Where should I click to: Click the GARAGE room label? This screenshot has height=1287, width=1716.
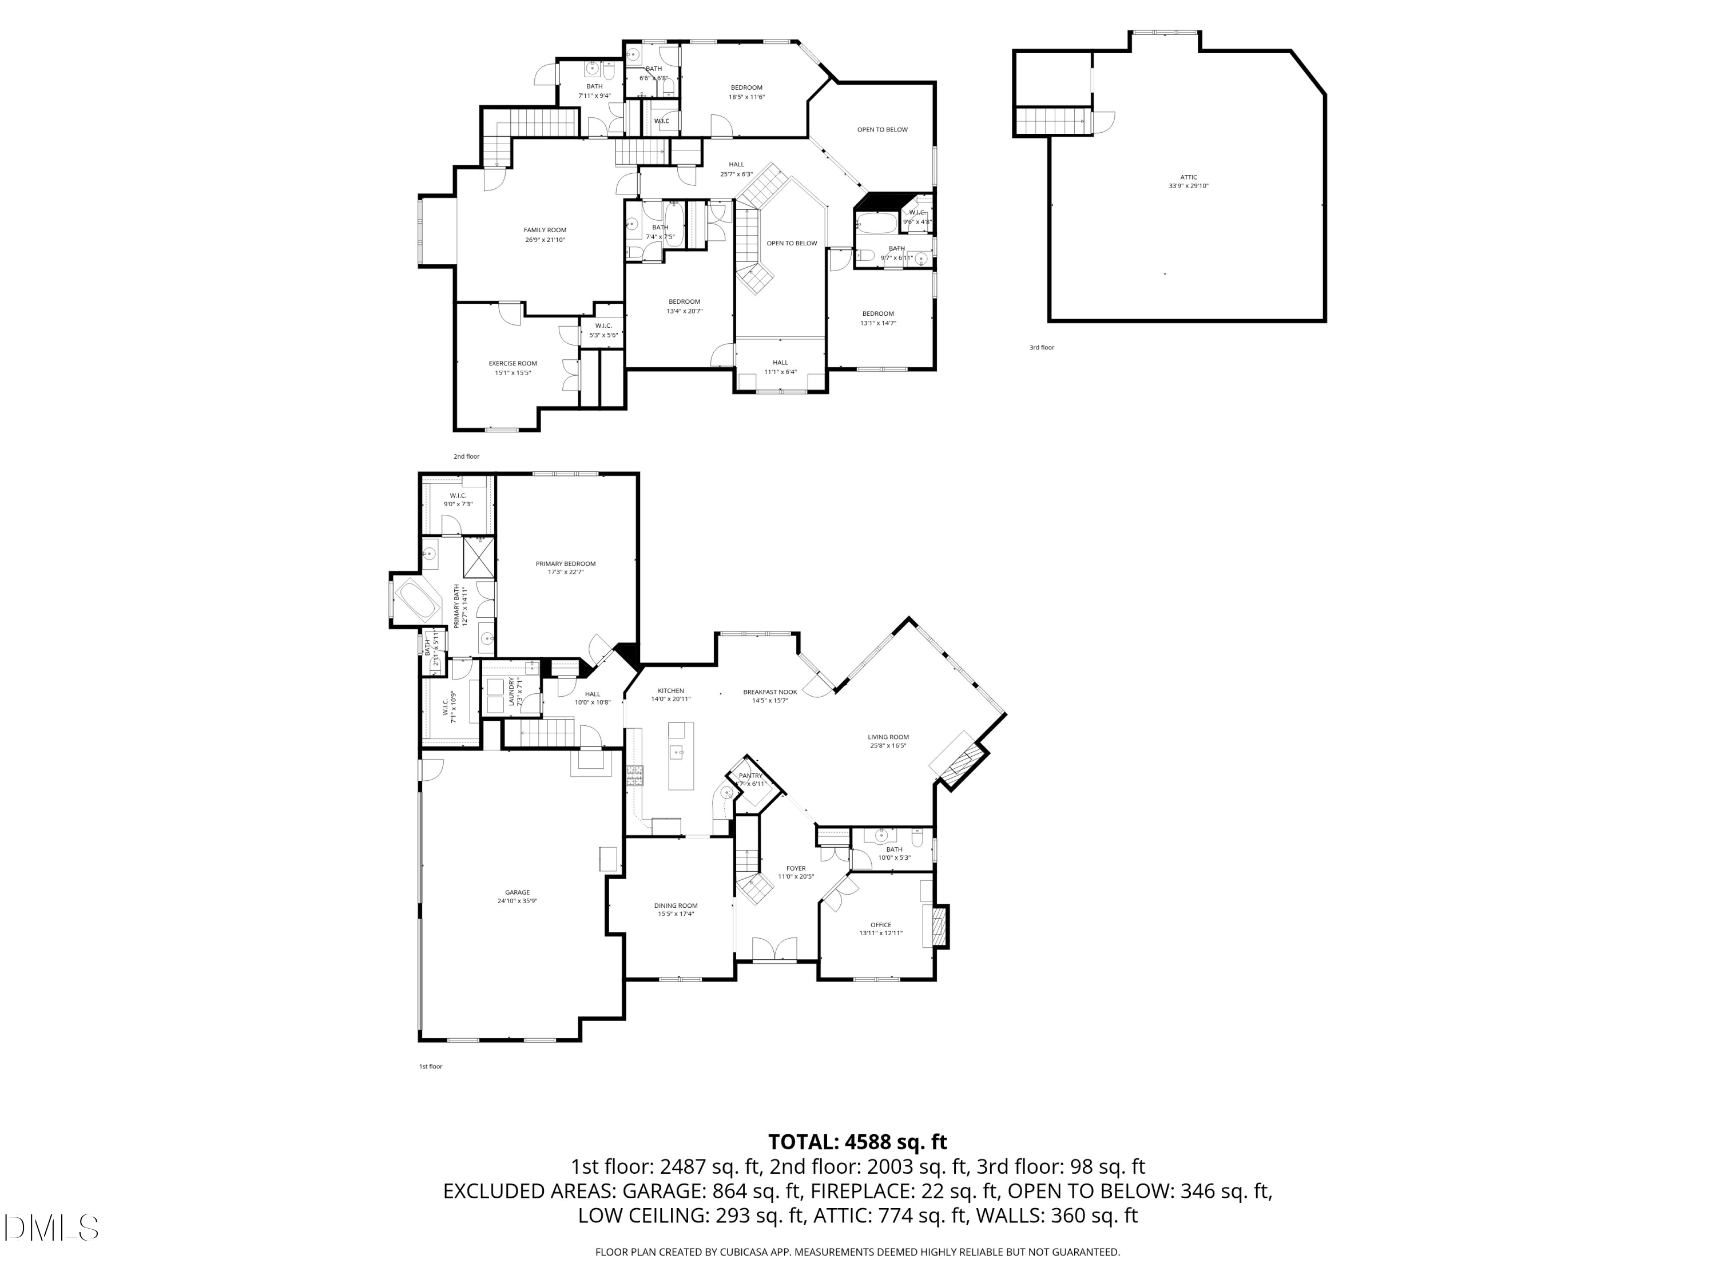pos(518,893)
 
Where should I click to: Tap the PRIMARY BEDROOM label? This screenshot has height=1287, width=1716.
pos(566,564)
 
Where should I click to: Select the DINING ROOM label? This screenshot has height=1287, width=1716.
pos(676,906)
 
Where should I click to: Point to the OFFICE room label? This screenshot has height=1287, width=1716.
pos(880,925)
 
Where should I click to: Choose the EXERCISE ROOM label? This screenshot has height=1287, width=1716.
pos(513,364)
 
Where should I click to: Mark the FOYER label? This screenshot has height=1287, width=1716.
pos(796,869)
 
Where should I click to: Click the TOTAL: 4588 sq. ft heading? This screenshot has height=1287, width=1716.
pos(857,1142)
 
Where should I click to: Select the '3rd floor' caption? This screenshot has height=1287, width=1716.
pos(1042,348)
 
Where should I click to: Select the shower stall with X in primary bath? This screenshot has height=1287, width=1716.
pos(479,557)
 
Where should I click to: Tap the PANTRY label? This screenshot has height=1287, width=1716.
pos(750,776)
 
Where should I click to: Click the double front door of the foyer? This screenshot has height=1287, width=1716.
pos(775,951)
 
